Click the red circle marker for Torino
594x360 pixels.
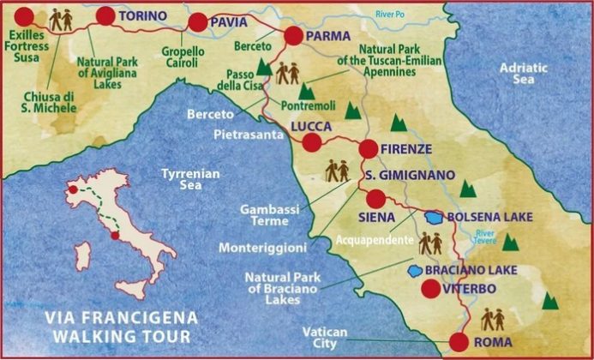[x=105, y=15]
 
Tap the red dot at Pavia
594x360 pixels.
[x=198, y=22]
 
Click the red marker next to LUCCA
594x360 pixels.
[x=312, y=142]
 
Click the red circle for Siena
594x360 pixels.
[x=375, y=199]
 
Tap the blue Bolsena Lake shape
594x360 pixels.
[x=435, y=218]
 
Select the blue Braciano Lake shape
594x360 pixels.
[x=415, y=270]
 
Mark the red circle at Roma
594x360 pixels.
[x=459, y=342]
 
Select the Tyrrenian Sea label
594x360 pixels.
[x=191, y=180]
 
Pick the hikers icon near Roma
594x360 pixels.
[x=493, y=319]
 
